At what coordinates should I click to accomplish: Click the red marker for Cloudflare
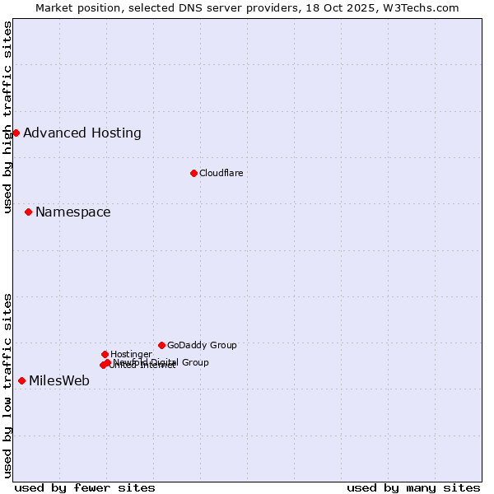(193, 173)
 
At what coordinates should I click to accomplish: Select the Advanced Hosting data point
(16, 133)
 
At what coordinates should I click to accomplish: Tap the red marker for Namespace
(28, 212)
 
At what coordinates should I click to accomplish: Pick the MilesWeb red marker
(21, 380)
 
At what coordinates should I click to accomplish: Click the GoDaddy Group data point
(161, 345)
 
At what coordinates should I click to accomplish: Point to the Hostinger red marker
(105, 354)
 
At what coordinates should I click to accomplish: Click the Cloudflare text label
(221, 173)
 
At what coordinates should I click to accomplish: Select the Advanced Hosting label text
(82, 133)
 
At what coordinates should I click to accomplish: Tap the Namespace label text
(72, 212)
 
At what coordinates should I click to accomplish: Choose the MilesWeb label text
(59, 380)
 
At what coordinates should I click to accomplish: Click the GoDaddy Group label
(202, 345)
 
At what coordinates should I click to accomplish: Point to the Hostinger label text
(131, 354)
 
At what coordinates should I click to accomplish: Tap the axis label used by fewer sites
(85, 487)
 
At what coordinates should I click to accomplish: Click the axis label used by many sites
(413, 487)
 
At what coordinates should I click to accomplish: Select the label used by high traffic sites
(7, 117)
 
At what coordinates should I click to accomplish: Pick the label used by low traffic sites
(7, 385)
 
